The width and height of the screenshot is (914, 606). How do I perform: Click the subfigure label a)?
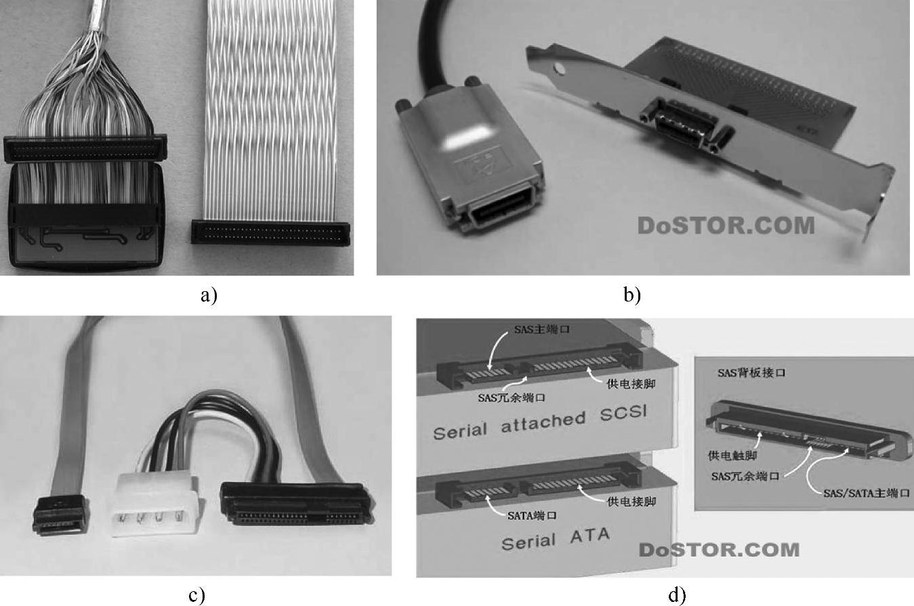pos(209,295)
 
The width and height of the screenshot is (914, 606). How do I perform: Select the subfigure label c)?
pos(196,595)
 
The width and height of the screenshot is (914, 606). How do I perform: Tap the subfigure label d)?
pos(677,595)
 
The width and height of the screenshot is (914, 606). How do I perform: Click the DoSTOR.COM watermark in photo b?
pos(726,225)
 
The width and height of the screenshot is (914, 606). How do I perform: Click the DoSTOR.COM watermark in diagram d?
pos(719,548)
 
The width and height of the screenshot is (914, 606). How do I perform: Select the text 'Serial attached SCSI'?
pos(540,423)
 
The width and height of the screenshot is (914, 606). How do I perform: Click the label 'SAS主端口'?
pos(535,329)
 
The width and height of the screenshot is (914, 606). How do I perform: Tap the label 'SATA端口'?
pos(532,515)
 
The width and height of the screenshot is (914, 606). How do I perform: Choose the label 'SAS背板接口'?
pos(751,373)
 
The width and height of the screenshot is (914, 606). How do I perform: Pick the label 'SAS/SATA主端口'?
pos(866,493)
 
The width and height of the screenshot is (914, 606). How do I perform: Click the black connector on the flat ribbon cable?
pos(270,232)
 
